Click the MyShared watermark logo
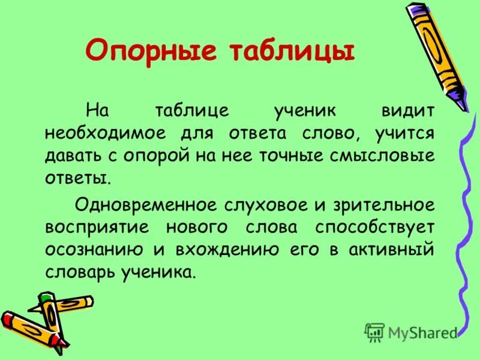tap(411, 332)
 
